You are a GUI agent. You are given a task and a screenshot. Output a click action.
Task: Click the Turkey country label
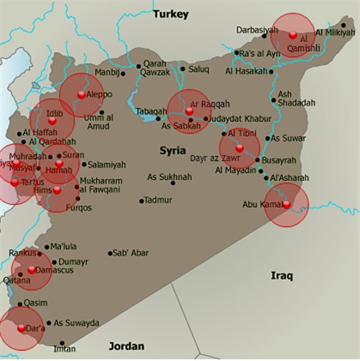[171, 14]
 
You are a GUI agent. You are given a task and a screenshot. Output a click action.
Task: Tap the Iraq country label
[282, 275]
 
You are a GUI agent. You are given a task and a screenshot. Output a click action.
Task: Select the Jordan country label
[126, 347]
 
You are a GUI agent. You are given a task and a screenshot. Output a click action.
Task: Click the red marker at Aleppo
[81, 94]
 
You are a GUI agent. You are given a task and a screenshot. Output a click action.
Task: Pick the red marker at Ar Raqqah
[189, 111]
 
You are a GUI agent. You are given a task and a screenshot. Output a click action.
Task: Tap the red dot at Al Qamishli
[292, 35]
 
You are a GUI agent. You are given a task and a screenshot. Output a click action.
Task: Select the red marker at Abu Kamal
[286, 204]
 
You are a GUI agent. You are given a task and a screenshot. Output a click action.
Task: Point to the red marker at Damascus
[31, 270]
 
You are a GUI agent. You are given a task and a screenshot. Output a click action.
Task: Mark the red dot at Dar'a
[21, 328]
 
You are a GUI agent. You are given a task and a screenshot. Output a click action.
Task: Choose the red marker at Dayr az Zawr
[239, 150]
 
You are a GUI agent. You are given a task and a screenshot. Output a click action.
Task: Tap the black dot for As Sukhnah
[173, 183]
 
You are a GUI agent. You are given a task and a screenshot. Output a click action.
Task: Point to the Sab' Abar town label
[131, 253]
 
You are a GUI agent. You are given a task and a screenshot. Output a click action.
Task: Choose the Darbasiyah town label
[257, 29]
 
